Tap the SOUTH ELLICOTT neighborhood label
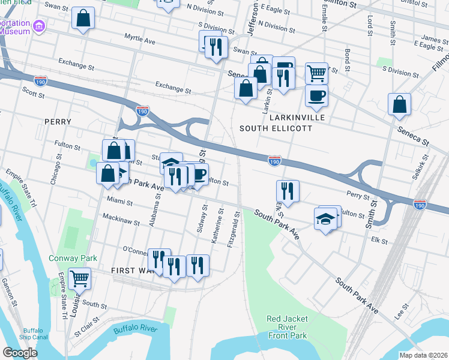pos(276,128)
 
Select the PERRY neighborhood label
pos(58,122)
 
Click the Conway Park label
pos(73,258)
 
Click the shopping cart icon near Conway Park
pos(80,278)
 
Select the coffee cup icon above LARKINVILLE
pos(316,95)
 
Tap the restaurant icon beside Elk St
pos(288,191)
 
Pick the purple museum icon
pos(40,26)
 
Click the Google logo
pos(20,352)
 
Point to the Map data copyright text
pos(423,355)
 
